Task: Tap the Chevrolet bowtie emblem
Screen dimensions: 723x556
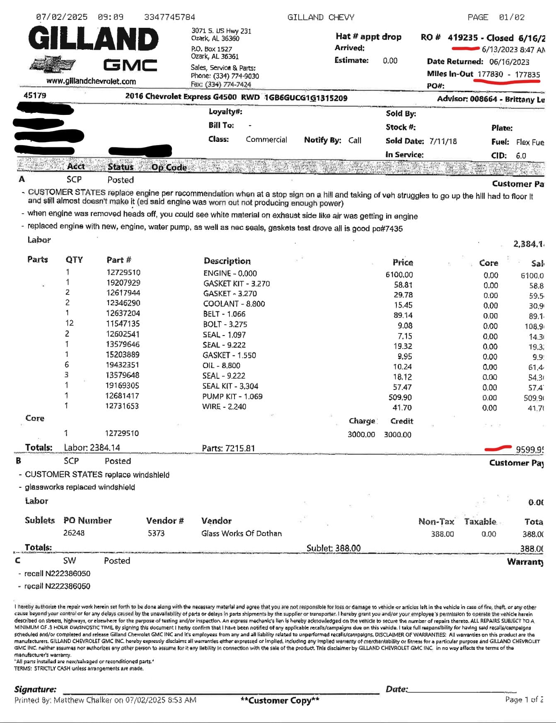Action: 53,64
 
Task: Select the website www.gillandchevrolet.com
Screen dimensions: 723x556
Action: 91,81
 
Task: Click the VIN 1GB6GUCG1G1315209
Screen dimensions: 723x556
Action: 306,98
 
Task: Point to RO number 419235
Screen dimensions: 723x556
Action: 463,38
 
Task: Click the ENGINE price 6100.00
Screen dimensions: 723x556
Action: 399,275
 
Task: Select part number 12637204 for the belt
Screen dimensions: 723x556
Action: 123,313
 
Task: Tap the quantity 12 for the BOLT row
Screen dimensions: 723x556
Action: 69,323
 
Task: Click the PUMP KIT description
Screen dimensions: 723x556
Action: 232,396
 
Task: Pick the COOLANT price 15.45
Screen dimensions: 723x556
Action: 403,305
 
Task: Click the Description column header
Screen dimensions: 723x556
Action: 227,261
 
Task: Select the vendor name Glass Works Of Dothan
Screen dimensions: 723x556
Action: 241,533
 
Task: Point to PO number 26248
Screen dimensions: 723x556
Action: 74,533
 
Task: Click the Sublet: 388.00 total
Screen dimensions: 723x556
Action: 334,548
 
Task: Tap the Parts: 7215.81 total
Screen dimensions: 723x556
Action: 228,448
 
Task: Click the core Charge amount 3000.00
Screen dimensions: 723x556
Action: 361,434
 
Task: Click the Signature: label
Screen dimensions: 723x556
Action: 35,689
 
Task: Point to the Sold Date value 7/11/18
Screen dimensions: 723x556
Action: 443,141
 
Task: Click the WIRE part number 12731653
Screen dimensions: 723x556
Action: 122,406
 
